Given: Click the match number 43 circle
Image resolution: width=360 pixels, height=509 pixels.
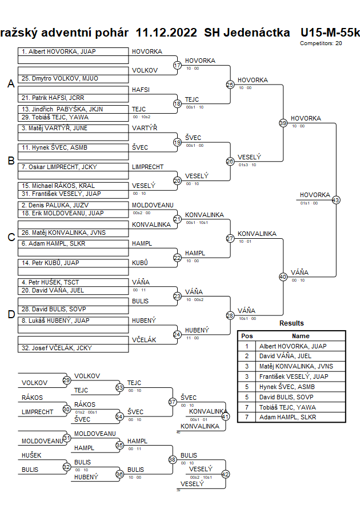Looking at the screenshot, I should pos(335,200).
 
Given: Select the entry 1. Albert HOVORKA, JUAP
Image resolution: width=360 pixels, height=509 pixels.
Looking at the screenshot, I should pos(58,52).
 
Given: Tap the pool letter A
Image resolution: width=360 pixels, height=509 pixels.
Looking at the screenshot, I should pos(10,84).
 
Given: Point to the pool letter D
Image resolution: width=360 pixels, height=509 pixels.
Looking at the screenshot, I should pos(10,314).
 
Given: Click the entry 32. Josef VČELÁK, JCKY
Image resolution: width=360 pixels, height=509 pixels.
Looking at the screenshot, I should pos(57,348).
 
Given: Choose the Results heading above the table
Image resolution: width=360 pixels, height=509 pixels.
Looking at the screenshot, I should pos(291,323).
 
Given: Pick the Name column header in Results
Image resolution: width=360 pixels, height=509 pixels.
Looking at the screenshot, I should pos(300,336).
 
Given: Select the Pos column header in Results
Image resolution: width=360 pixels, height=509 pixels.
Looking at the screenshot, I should pos(247,336).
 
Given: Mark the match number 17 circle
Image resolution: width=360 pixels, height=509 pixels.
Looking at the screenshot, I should pos(177,65).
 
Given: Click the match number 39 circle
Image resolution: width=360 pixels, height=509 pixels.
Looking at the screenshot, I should pos(282,123).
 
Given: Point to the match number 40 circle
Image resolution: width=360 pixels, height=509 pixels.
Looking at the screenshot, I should pos(282,276).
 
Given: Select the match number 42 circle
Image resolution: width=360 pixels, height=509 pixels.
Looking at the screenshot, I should pos(225,474).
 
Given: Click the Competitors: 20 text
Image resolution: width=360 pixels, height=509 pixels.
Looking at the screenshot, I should pos(321,43).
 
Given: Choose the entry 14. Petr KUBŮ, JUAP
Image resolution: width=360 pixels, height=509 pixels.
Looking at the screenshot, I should pos(51,263).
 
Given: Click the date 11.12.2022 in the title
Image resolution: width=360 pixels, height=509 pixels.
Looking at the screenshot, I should pos(166,33).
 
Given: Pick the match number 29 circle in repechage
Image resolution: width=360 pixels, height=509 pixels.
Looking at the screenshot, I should pos(67,380).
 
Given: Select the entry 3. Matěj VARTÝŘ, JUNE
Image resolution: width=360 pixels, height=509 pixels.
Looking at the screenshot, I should pos(55,129).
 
